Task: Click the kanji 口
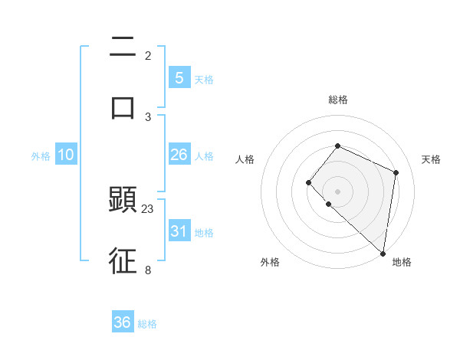123,106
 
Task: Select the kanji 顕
123,201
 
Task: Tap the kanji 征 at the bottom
123,260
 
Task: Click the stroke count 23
148,208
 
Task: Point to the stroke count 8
148,269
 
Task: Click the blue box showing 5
179,77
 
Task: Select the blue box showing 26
179,155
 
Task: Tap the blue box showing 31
179,231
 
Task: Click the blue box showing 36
123,322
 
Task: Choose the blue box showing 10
66,155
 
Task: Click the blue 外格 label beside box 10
41,155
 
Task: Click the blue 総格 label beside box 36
147,324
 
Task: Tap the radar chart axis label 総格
337,100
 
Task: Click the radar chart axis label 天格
431,159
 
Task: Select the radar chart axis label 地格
402,262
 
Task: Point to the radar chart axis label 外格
270,262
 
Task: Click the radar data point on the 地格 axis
383,254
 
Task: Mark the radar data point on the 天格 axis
396,172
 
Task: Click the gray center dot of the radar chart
337,191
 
